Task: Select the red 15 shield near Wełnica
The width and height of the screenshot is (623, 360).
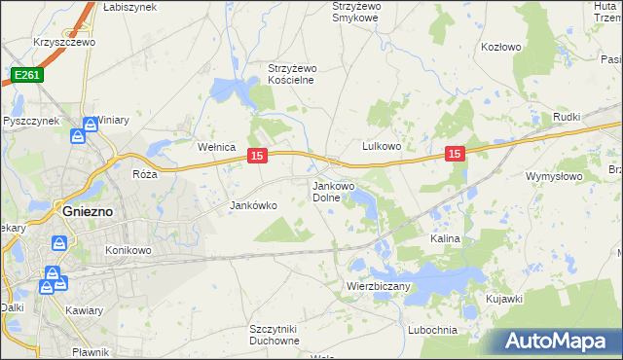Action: tap(257, 156)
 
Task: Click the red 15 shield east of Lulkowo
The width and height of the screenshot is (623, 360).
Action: tap(455, 154)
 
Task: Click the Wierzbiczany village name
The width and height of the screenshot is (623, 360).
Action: tap(379, 286)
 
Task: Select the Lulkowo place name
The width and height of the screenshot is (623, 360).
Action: tap(382, 146)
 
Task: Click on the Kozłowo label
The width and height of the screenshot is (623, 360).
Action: tap(502, 46)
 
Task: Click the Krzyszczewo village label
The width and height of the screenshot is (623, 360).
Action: tap(62, 43)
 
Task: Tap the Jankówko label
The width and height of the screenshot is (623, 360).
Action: tap(253, 205)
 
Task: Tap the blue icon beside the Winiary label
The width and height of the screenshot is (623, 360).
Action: tap(91, 125)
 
